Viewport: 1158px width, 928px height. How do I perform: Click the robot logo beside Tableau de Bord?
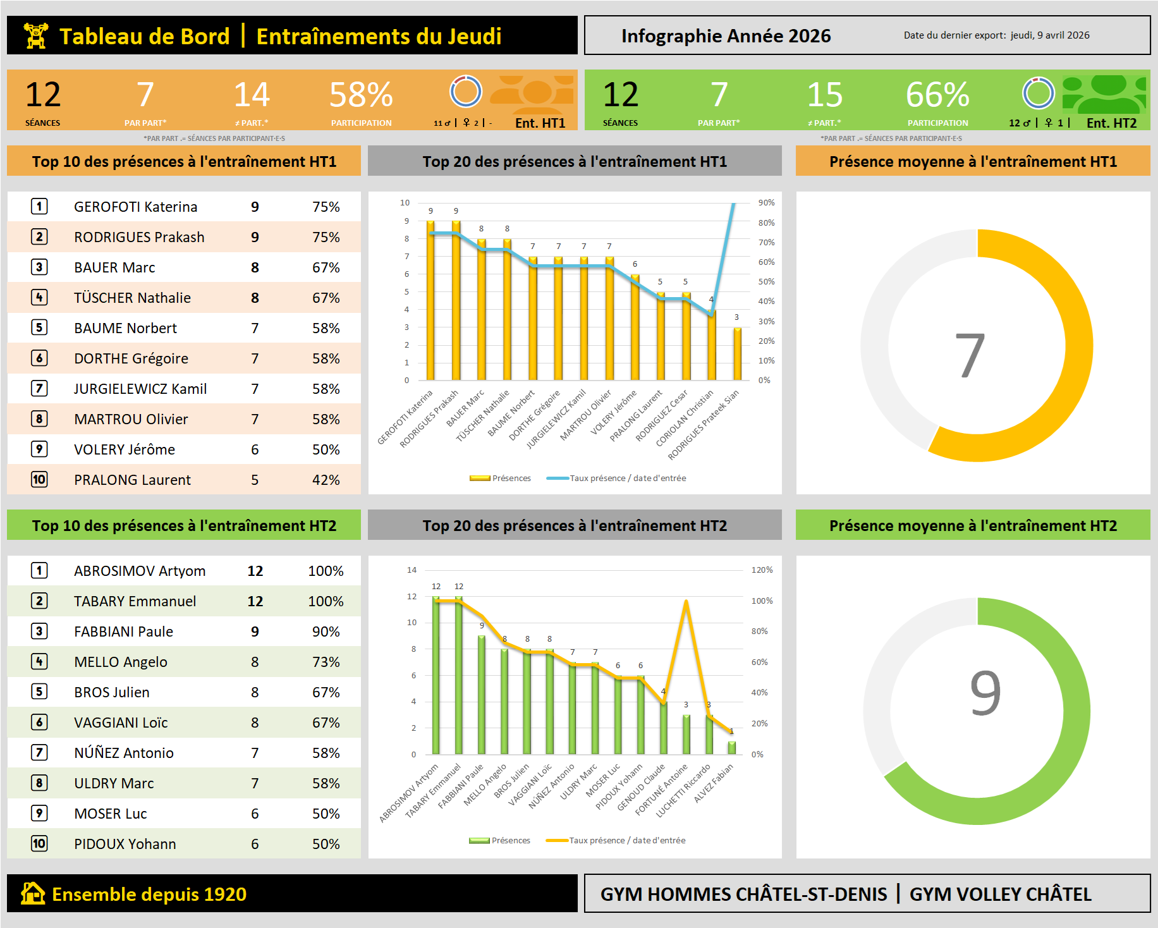coord(36,35)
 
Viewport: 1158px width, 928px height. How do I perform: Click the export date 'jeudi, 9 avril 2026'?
coord(1050,35)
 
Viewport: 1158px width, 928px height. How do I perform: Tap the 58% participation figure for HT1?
coord(361,95)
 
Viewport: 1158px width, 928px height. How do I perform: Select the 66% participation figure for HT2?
coord(937,95)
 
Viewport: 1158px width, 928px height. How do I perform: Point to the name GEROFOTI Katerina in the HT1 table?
coord(135,207)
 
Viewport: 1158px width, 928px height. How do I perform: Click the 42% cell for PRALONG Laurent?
coord(326,480)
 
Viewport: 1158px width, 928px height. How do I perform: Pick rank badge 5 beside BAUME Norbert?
coord(39,327)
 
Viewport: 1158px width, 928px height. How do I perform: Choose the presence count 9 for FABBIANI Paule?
coord(255,632)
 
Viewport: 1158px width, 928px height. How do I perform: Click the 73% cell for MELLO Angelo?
coord(326,662)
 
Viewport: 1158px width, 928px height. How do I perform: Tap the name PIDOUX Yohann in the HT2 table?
coord(125,844)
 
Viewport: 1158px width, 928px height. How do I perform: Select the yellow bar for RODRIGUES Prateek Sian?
coord(737,354)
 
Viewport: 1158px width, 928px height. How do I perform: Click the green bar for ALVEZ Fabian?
coord(731,747)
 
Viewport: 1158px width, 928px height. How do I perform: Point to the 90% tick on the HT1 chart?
coord(766,203)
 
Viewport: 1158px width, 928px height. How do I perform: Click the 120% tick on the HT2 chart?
coord(762,570)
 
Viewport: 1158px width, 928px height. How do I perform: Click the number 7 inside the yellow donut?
coord(970,355)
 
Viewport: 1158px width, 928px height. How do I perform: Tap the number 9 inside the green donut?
coord(985,693)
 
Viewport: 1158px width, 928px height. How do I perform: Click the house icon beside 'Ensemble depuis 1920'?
coord(33,893)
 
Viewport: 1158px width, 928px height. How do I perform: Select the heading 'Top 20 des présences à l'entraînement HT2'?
coord(575,526)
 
